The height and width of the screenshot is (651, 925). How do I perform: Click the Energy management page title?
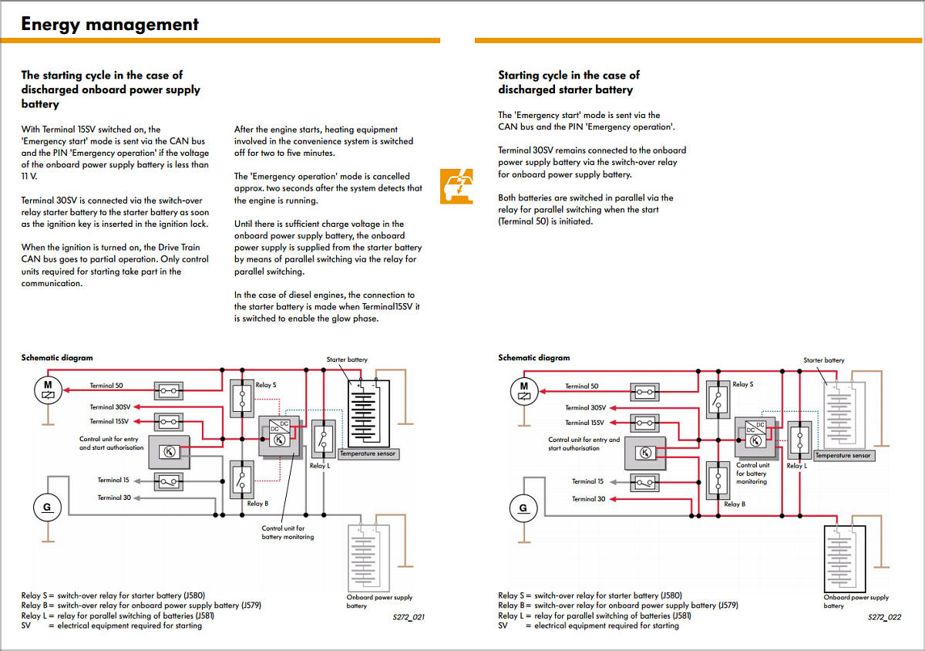tap(109, 24)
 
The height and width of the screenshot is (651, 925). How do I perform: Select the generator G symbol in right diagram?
tap(523, 508)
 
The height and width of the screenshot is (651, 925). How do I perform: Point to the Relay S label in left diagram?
tap(266, 384)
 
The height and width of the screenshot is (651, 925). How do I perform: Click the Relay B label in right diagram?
tap(733, 504)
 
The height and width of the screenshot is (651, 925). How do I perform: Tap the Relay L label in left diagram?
tap(319, 466)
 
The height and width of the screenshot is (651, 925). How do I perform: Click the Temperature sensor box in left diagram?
tap(368, 454)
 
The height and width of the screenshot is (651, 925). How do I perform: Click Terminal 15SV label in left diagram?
tap(109, 421)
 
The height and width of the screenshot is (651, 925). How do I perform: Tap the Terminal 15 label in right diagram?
tap(587, 481)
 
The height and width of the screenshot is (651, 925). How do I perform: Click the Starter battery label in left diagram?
tap(347, 359)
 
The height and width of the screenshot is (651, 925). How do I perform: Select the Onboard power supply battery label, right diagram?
tap(856, 601)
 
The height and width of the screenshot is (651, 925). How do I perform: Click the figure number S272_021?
tap(408, 616)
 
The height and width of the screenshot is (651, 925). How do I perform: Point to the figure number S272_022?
tap(884, 617)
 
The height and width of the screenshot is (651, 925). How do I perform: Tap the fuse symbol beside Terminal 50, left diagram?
tap(169, 391)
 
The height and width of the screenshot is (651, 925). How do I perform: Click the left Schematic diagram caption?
tap(57, 358)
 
